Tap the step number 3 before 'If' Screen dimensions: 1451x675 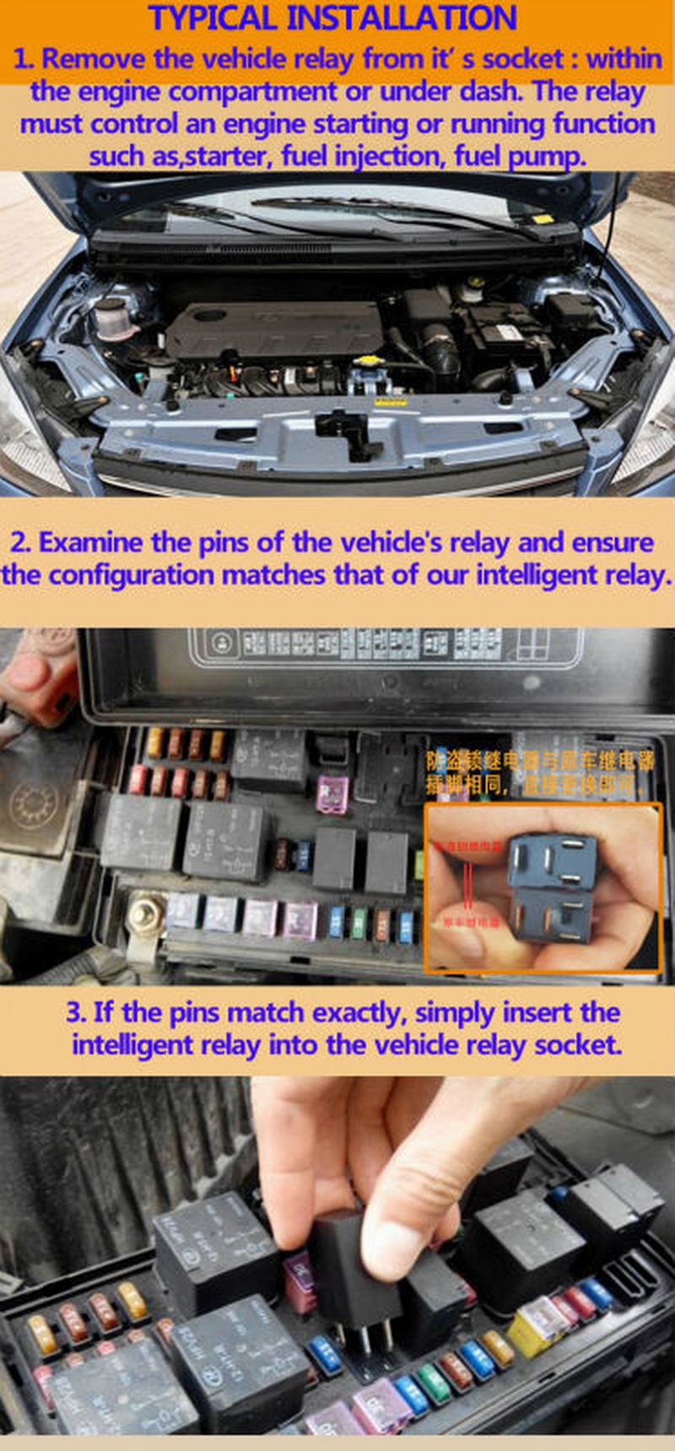(x=76, y=1012)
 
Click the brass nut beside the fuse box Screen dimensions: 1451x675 (x=146, y=914)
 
